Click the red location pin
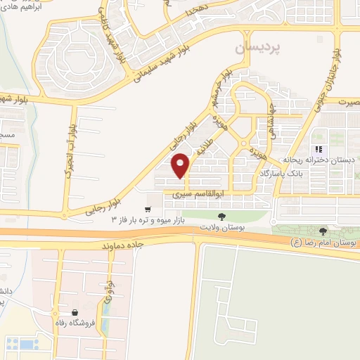[181, 165]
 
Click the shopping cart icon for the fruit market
[148, 209]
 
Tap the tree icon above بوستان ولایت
[222, 217]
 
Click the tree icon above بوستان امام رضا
[323, 231]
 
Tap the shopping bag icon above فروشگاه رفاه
[75, 312]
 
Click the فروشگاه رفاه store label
[75, 324]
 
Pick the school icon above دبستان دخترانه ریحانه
[319, 149]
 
